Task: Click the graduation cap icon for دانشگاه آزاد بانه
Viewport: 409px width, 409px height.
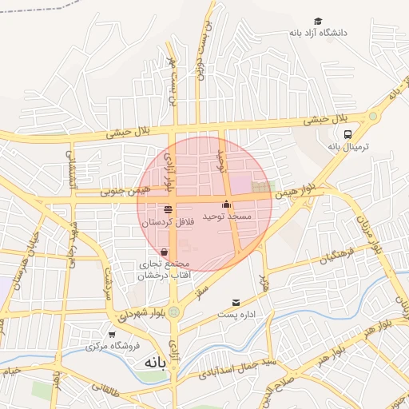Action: (x=318, y=21)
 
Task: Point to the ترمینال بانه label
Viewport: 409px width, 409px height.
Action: (x=346, y=147)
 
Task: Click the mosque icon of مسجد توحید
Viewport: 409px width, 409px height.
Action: (x=227, y=203)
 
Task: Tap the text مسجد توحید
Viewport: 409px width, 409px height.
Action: (x=227, y=216)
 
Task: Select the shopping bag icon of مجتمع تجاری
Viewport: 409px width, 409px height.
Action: (x=165, y=252)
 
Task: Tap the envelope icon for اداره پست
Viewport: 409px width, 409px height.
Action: (x=236, y=302)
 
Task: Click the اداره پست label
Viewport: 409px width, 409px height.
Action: (x=236, y=315)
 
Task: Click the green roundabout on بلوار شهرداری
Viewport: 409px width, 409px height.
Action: (x=173, y=312)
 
